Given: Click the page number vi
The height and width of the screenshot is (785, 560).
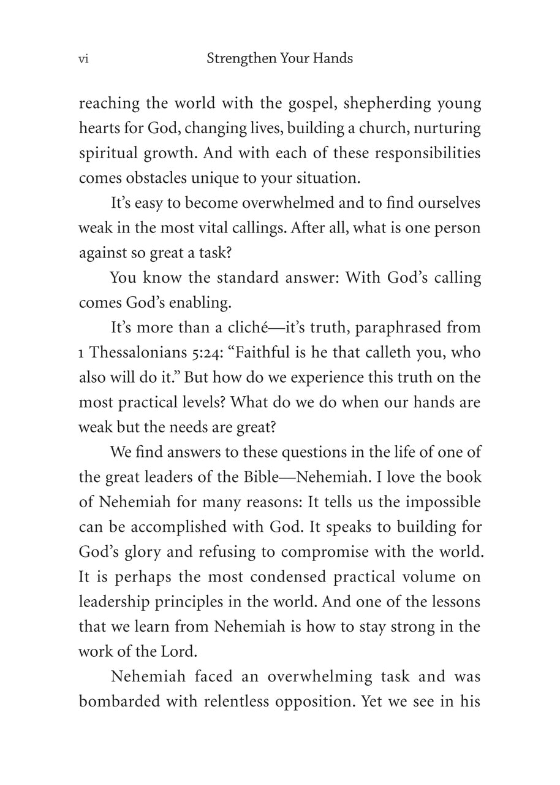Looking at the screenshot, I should click(83, 59).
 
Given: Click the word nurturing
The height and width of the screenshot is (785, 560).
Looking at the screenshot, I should click(450, 128).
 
